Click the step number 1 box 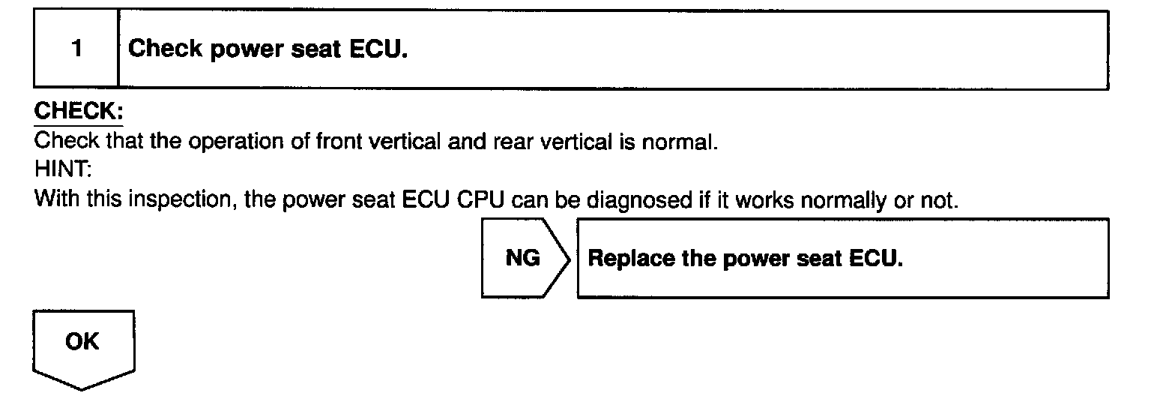[x=76, y=49]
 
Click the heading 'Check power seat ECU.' [x=268, y=49]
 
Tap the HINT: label [x=62, y=171]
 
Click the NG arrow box [x=525, y=258]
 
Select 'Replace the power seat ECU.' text [x=745, y=259]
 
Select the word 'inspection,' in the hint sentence [x=181, y=201]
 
